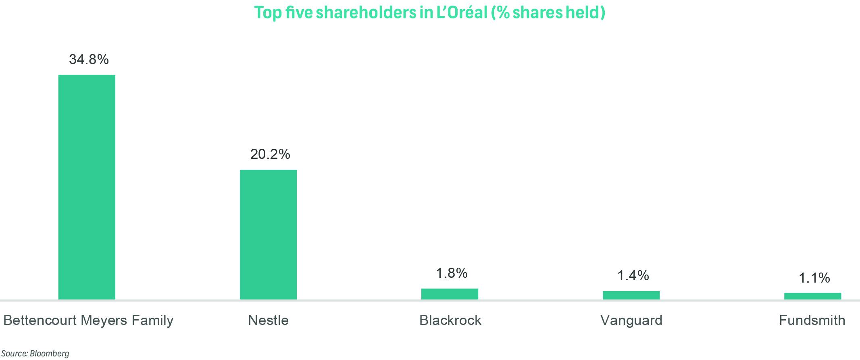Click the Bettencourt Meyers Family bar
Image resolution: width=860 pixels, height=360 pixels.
coord(87,187)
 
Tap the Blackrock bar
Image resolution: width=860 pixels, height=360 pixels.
coord(450,294)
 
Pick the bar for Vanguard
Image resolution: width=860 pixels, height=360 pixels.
coord(631,295)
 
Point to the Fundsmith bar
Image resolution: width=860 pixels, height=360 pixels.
coord(812,296)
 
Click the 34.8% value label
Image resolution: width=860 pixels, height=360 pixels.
coord(89,59)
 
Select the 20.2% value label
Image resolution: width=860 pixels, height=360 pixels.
coord(270,154)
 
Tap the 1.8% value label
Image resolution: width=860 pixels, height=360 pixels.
coord(452,273)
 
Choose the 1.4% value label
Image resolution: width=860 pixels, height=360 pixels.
coord(633,275)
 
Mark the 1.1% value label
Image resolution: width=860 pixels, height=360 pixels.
coord(814,278)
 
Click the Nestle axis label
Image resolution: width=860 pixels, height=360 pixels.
coord(268,320)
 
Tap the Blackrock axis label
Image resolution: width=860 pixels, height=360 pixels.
coord(450,320)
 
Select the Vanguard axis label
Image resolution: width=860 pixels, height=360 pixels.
coord(631,320)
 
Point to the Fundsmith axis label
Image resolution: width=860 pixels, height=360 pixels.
coord(812,320)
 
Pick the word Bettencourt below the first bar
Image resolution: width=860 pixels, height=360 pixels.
coord(40,320)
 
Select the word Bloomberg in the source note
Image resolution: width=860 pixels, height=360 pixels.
coord(49,354)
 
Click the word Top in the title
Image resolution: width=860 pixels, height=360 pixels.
coord(267,12)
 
